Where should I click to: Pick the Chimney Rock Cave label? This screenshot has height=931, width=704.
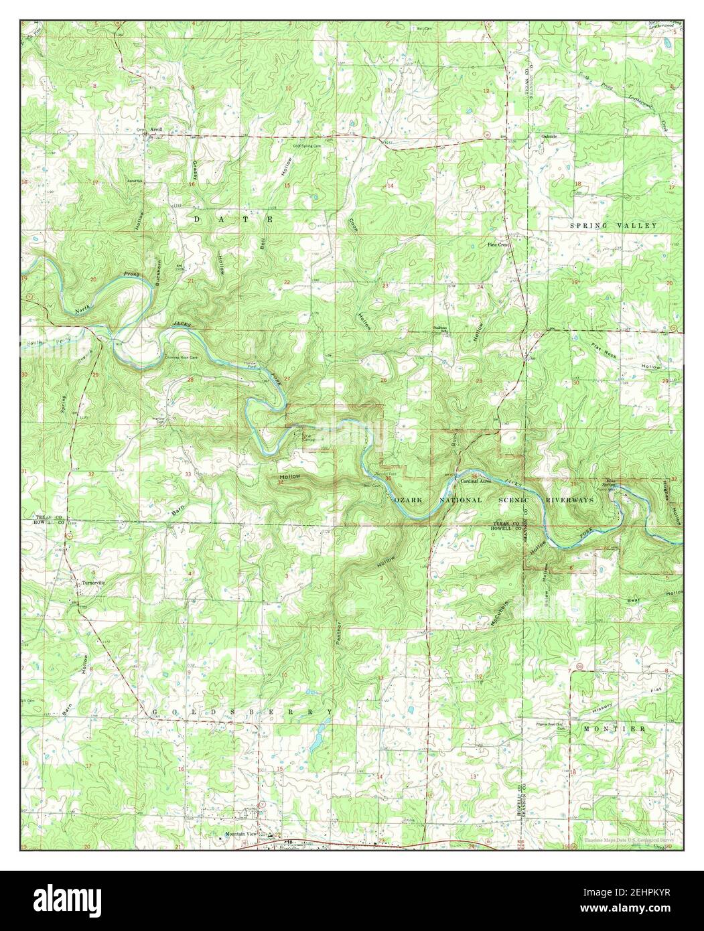[x=181, y=358]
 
